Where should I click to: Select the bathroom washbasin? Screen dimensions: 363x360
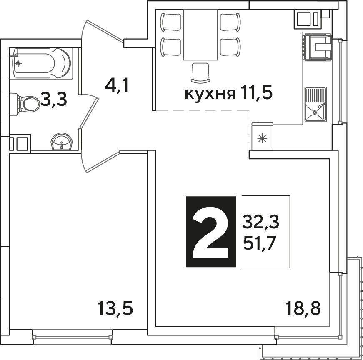tap(62, 141)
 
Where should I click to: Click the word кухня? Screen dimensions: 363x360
tap(210, 94)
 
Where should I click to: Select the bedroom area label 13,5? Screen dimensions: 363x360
tap(115, 308)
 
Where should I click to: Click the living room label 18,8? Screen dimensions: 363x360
tap(303, 308)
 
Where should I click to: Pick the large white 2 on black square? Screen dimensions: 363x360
tap(211, 232)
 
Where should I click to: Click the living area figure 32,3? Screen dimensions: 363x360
tap(261, 222)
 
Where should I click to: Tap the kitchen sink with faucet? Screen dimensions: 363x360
tap(315, 105)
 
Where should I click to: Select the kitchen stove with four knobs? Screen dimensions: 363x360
tap(317, 47)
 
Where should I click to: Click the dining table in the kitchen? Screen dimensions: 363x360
tap(200, 35)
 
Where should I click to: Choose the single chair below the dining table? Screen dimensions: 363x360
tap(200, 72)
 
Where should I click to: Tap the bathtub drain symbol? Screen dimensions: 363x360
tap(18, 63)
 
